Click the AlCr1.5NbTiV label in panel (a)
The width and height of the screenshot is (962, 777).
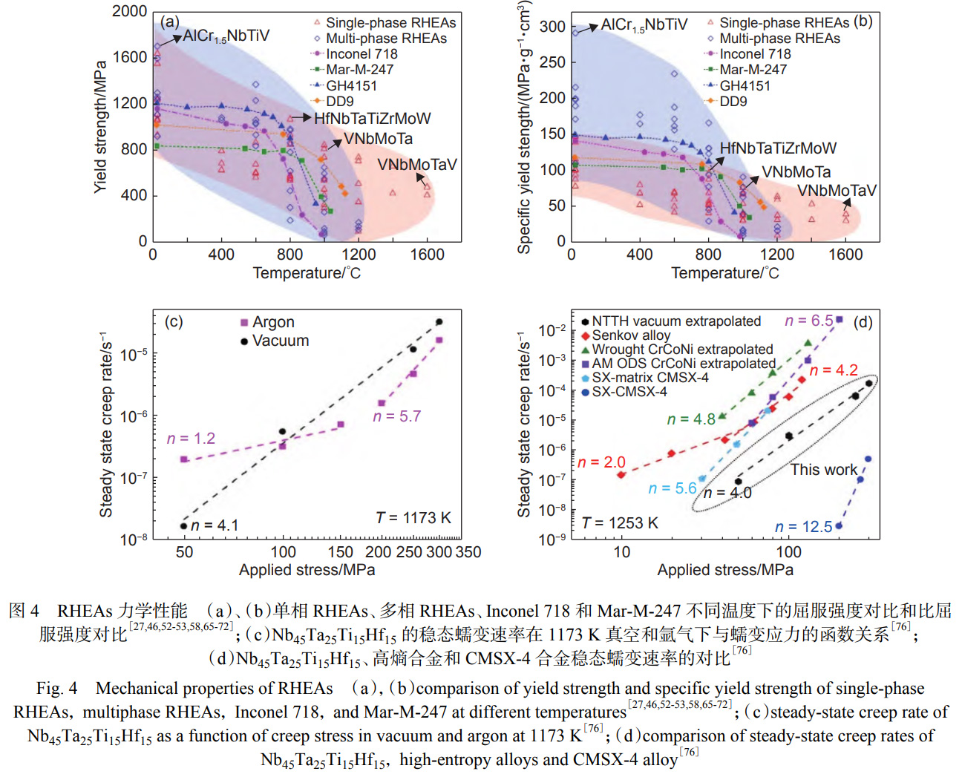(x=226, y=36)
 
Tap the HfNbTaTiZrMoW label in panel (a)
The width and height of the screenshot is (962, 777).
(x=372, y=119)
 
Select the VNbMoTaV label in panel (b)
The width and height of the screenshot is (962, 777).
(x=837, y=191)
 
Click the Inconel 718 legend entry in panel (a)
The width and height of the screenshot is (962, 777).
(x=361, y=54)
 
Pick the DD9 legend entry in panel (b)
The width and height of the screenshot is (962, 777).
(x=733, y=102)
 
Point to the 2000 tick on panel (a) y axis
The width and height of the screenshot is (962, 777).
(x=130, y=11)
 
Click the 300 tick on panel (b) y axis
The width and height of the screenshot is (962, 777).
(x=552, y=27)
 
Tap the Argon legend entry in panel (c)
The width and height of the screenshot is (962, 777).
(x=273, y=322)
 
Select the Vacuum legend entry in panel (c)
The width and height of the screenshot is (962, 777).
(x=280, y=341)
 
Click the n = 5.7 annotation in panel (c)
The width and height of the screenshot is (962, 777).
(x=396, y=417)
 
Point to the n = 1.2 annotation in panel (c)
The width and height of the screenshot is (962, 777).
(x=191, y=439)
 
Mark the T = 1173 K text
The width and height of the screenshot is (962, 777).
(x=413, y=518)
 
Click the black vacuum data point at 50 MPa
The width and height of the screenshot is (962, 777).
(x=184, y=526)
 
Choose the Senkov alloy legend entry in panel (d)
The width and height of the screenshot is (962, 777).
(x=631, y=335)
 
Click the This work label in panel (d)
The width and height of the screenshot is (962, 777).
(x=823, y=470)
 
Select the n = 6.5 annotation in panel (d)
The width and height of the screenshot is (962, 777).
(x=809, y=321)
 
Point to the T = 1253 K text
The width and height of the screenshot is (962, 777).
(x=620, y=523)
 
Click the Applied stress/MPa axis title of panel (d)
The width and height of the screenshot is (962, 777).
(x=724, y=570)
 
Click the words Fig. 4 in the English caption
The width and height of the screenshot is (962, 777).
(x=56, y=689)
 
